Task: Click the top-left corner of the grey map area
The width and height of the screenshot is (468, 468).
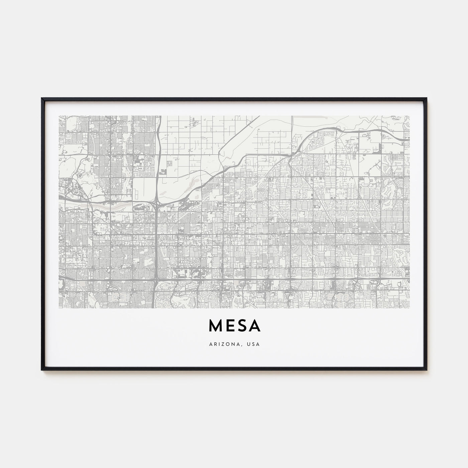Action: pos(59,116)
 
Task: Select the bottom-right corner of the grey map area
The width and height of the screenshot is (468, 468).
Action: pos(409,299)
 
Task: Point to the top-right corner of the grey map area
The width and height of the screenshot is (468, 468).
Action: pos(409,116)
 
